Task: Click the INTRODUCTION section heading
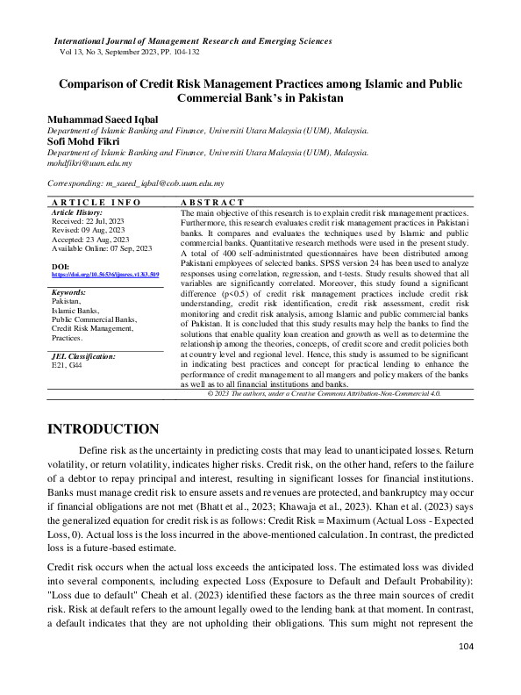103,429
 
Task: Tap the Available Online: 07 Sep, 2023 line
102,248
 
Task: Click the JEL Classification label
84,356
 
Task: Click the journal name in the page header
193,41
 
